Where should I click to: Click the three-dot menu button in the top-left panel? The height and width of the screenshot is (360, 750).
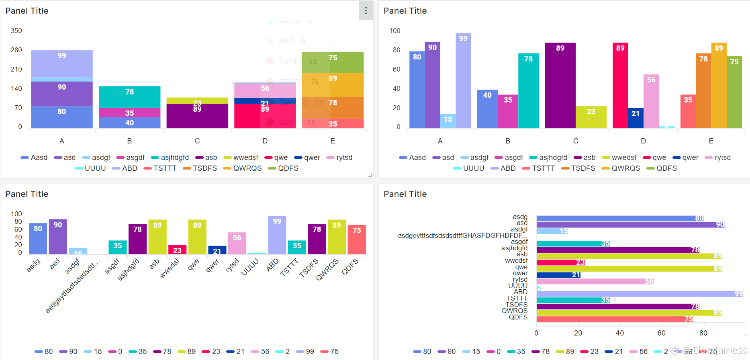pos(366,10)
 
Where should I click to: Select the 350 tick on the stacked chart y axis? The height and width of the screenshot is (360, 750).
pos(16,31)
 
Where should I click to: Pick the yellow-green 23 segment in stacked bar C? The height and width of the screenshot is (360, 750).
pos(197,100)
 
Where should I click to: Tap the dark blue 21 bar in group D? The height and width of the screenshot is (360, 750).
pos(636,118)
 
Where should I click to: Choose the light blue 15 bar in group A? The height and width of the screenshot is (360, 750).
pos(448,121)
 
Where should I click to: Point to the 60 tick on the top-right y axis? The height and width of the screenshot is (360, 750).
pos(396,69)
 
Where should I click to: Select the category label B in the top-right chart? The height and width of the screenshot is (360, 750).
pos(508,141)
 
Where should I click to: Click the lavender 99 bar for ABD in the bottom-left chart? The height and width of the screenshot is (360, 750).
pos(277,235)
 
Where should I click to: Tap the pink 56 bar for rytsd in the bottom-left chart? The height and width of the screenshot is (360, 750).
pos(237,243)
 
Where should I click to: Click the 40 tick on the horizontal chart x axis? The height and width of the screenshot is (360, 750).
pos(620,333)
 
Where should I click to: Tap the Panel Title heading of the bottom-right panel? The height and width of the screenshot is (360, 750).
pos(405,194)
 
